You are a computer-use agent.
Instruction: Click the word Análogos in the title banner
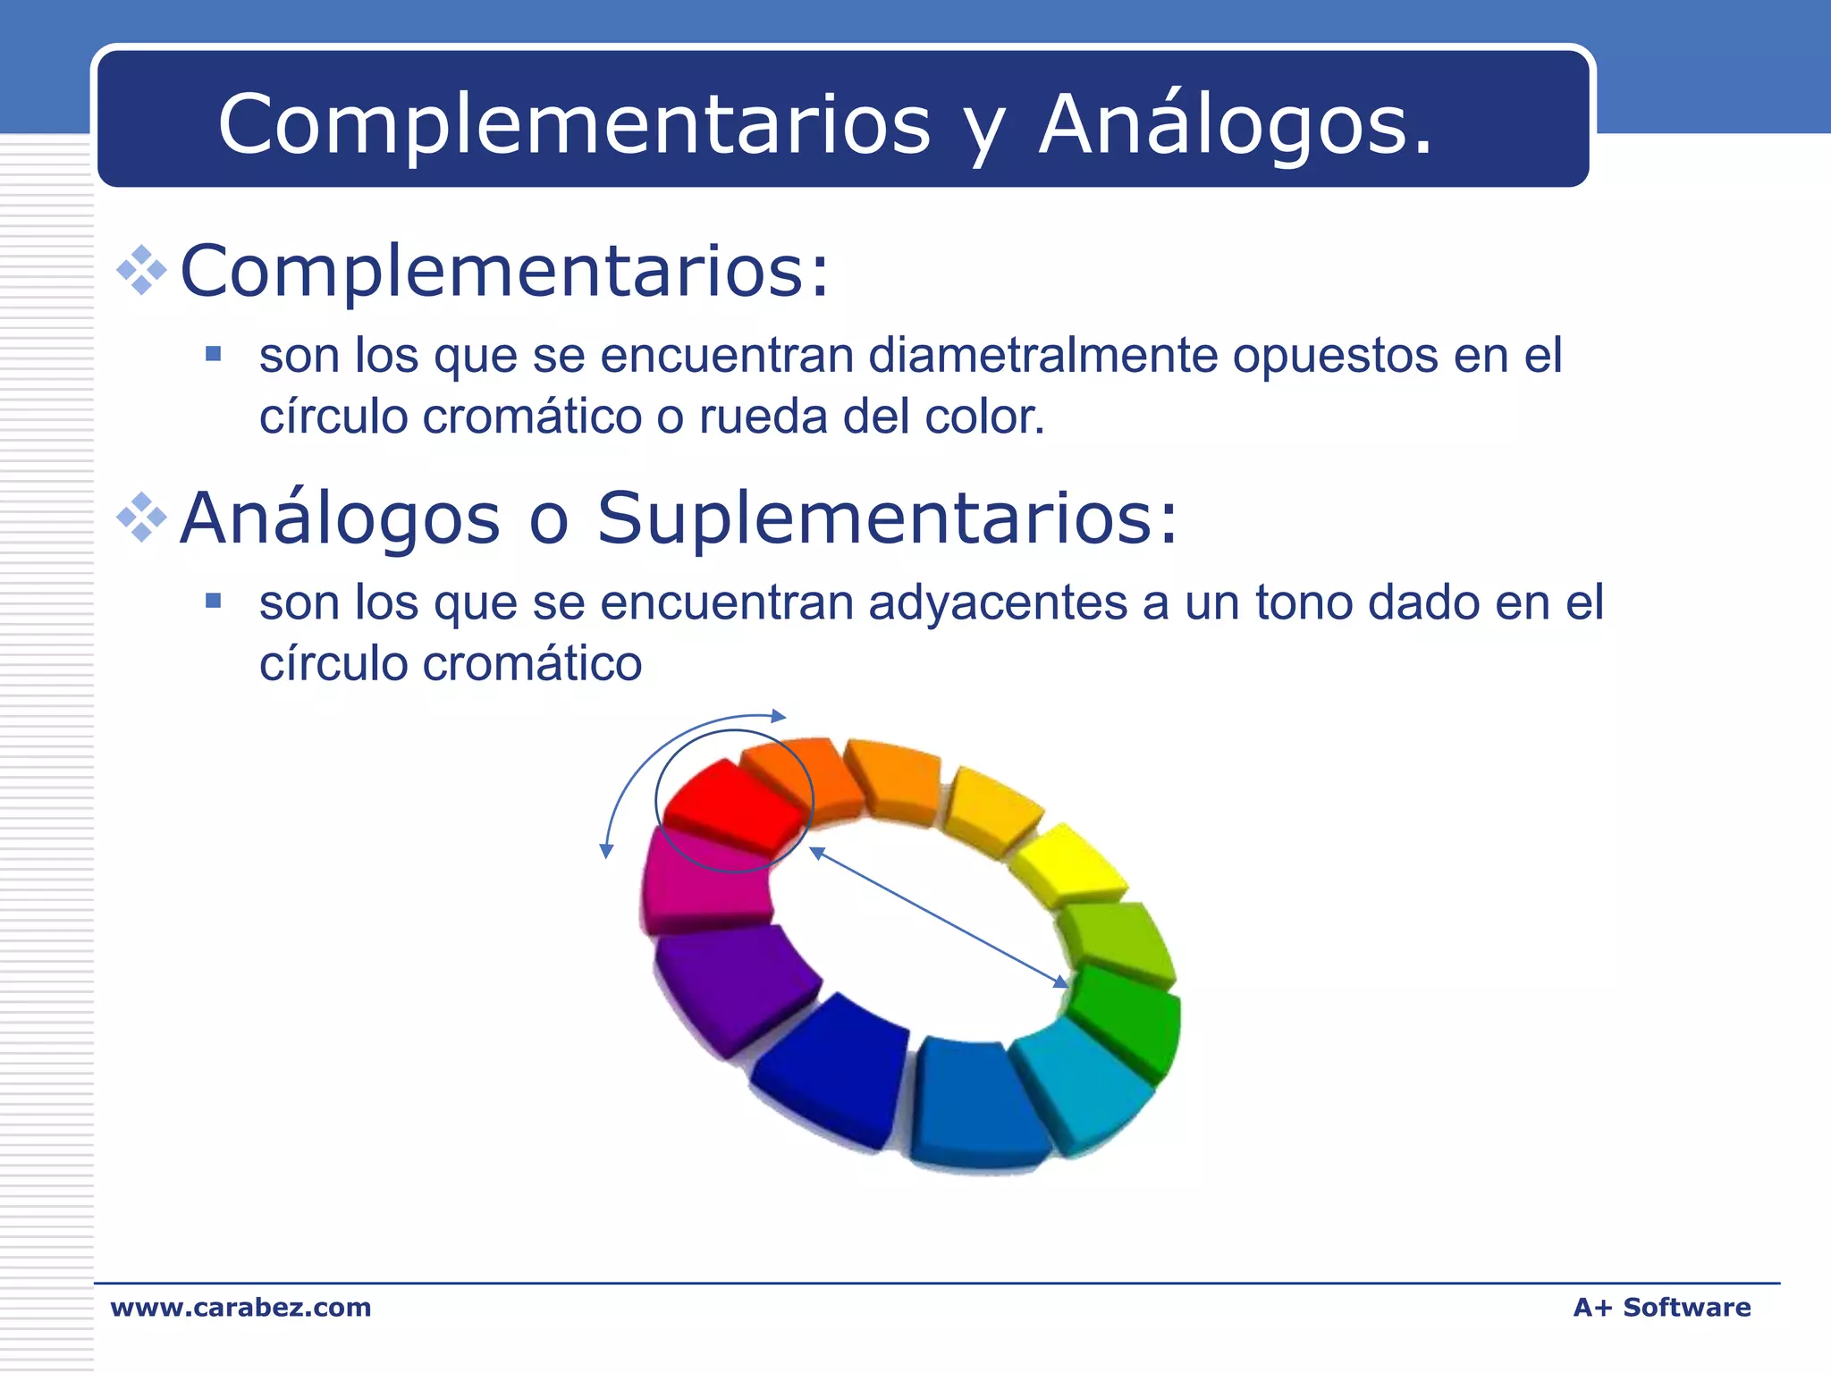click(x=1234, y=125)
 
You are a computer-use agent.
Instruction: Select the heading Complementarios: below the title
click(x=505, y=271)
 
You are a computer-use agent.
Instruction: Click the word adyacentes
click(x=997, y=603)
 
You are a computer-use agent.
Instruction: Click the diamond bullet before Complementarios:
click(x=142, y=271)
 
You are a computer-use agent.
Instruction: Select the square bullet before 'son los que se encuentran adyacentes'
click(x=213, y=601)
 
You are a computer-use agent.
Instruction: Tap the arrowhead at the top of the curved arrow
click(x=779, y=716)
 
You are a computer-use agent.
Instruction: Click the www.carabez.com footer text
click(x=240, y=1308)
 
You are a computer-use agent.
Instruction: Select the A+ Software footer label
click(x=1661, y=1308)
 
